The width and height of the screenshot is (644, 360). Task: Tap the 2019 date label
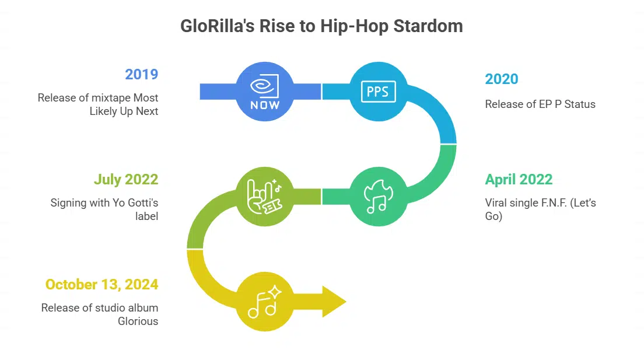(141, 74)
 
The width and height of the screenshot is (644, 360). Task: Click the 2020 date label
(502, 79)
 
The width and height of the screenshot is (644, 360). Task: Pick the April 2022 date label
(519, 179)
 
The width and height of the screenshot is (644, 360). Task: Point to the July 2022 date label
(125, 179)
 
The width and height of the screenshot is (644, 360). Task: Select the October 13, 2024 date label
(101, 284)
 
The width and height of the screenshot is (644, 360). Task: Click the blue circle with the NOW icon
(265, 92)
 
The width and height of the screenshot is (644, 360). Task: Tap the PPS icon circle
(378, 92)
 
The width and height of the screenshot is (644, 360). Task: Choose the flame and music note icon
(378, 196)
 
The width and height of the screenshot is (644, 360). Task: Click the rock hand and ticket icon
(265, 196)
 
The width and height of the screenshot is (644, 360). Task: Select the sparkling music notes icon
(265, 302)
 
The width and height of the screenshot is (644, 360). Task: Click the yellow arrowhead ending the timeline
(334, 302)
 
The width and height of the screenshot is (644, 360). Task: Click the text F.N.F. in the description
(554, 203)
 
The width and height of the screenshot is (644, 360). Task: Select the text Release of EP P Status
(540, 104)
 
